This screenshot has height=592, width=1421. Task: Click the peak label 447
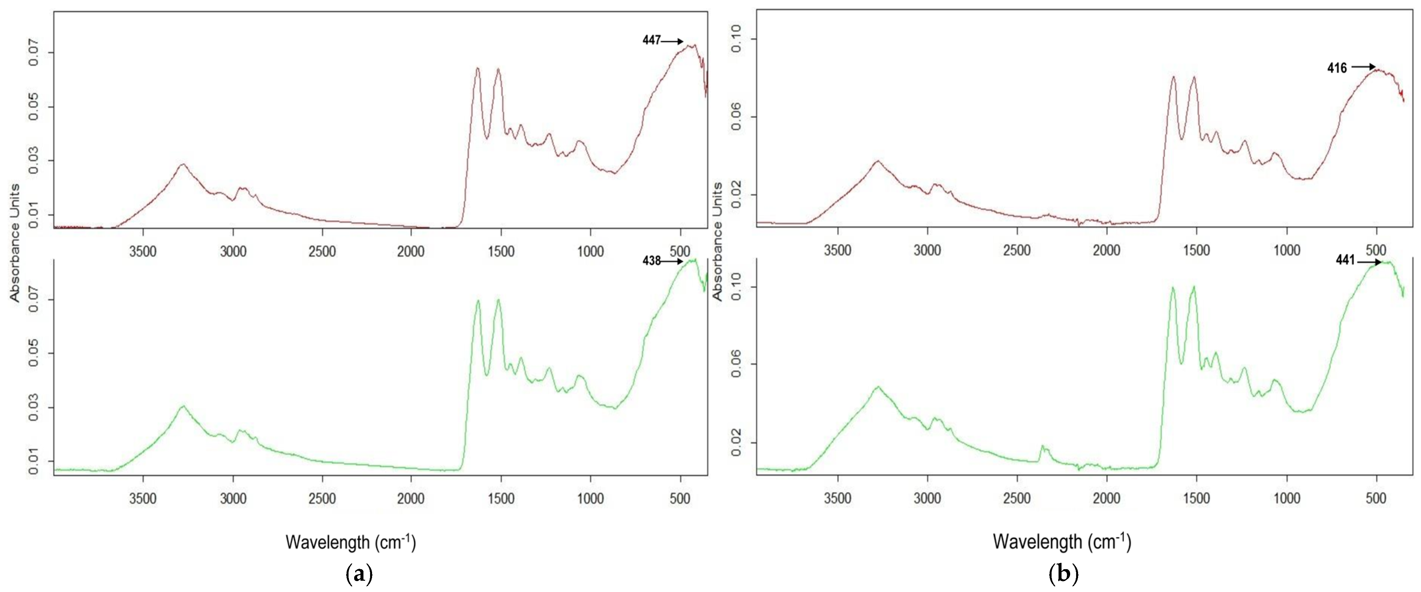click(651, 40)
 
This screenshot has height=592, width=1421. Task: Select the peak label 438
click(651, 261)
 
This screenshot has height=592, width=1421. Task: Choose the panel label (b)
click(1063, 575)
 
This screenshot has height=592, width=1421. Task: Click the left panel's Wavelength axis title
click(351, 542)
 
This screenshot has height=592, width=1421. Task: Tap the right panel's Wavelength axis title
click(1062, 542)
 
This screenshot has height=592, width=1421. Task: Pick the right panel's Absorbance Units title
click(718, 241)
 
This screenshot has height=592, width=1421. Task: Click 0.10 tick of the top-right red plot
click(737, 39)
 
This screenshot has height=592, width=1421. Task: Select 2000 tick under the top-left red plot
click(411, 251)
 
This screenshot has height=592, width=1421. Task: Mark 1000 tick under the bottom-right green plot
click(1286, 499)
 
